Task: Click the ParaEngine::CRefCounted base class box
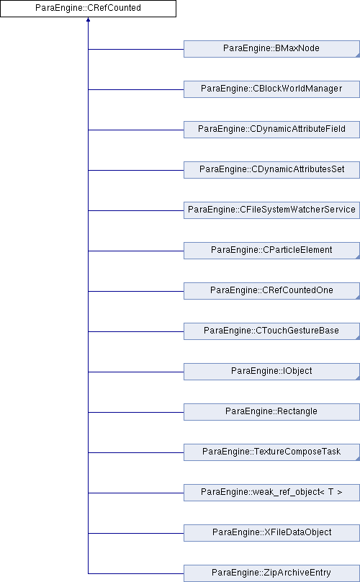tap(88, 9)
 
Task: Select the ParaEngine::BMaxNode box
tap(271, 49)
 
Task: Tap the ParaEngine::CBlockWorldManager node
tap(271, 89)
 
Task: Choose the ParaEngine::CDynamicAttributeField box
tap(271, 130)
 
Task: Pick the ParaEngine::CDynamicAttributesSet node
tap(271, 169)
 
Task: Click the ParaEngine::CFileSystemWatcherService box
tap(271, 210)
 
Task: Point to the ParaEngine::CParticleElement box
tap(271, 251)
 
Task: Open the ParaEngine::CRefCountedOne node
tap(271, 290)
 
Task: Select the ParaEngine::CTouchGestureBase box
tap(271, 331)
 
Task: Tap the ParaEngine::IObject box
tap(271, 372)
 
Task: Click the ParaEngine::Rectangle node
tap(271, 411)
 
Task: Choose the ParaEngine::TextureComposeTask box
tap(271, 452)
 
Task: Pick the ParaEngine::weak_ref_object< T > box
tap(271, 493)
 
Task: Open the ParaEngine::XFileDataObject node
tap(271, 532)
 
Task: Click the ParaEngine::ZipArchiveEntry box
tap(271, 573)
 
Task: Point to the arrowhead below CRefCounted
tap(88, 19)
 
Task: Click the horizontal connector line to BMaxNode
tap(136, 49)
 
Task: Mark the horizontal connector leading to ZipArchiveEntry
tap(136, 573)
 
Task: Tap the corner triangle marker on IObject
tap(358, 378)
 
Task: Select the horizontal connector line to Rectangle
tap(136, 412)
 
